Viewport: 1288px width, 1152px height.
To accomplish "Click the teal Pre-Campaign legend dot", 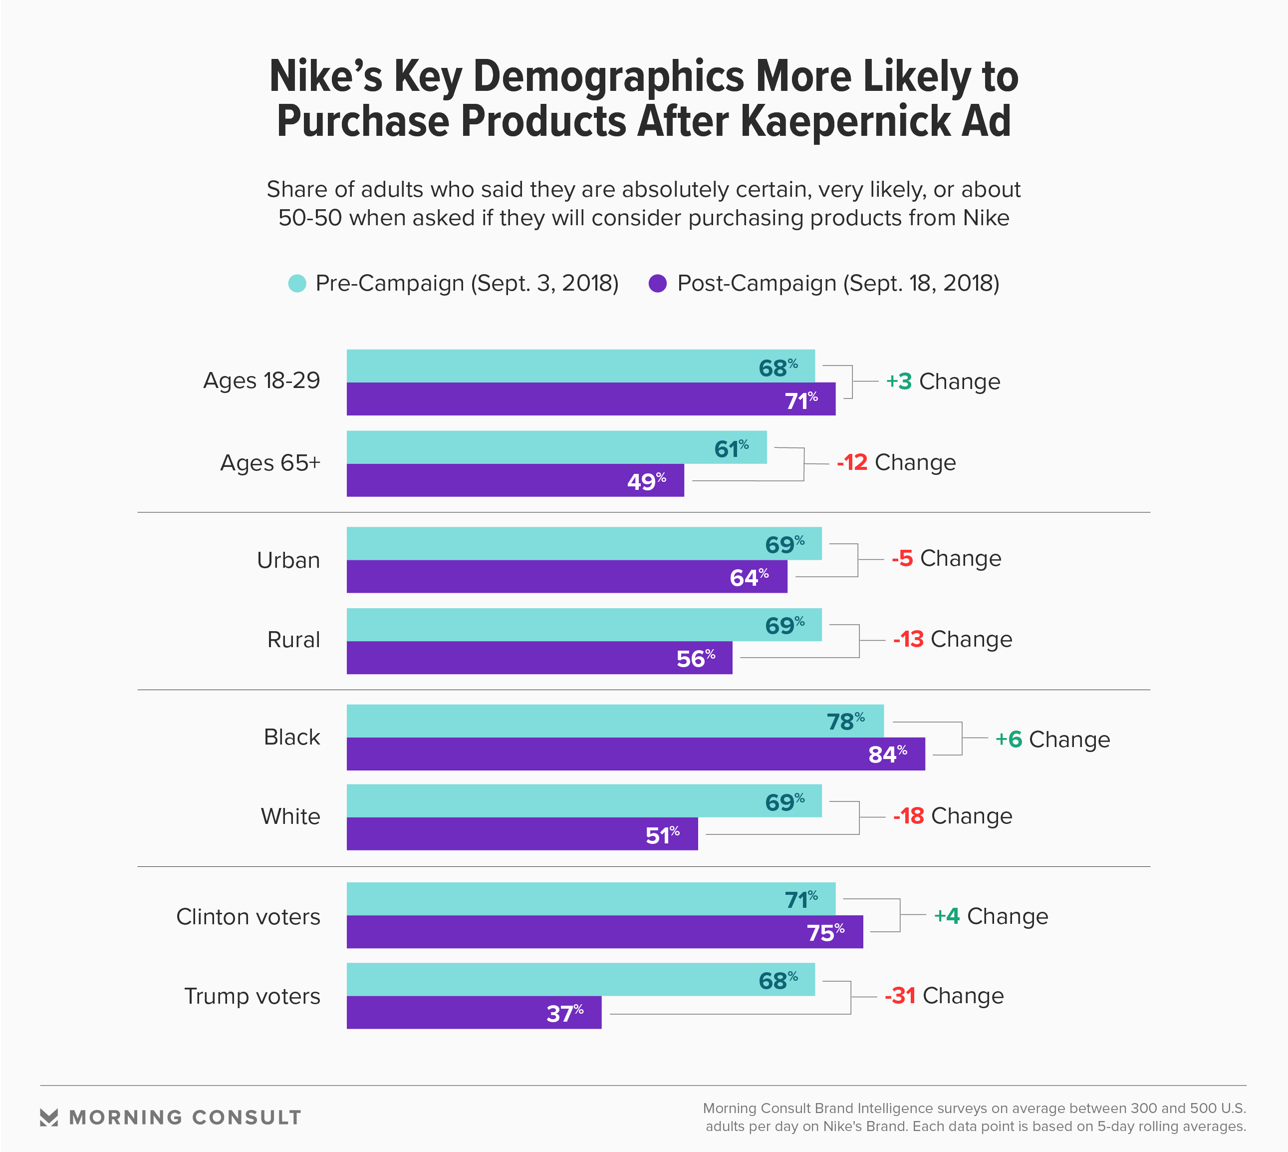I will point(297,283).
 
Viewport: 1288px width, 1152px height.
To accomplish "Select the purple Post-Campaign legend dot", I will point(657,283).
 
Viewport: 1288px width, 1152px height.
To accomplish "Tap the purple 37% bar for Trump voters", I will point(473,1012).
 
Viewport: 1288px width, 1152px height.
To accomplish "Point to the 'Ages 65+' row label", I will point(270,463).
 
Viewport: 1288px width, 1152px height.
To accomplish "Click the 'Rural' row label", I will point(293,639).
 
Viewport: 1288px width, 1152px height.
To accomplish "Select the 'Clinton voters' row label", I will point(248,916).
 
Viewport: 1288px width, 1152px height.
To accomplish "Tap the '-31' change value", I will point(900,996).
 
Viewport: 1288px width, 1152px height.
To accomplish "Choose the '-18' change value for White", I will point(908,816).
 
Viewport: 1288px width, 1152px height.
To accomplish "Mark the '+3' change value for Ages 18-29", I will point(898,381).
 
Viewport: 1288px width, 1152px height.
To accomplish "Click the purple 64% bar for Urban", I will point(566,577).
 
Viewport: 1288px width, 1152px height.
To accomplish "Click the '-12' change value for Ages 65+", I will point(851,463).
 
